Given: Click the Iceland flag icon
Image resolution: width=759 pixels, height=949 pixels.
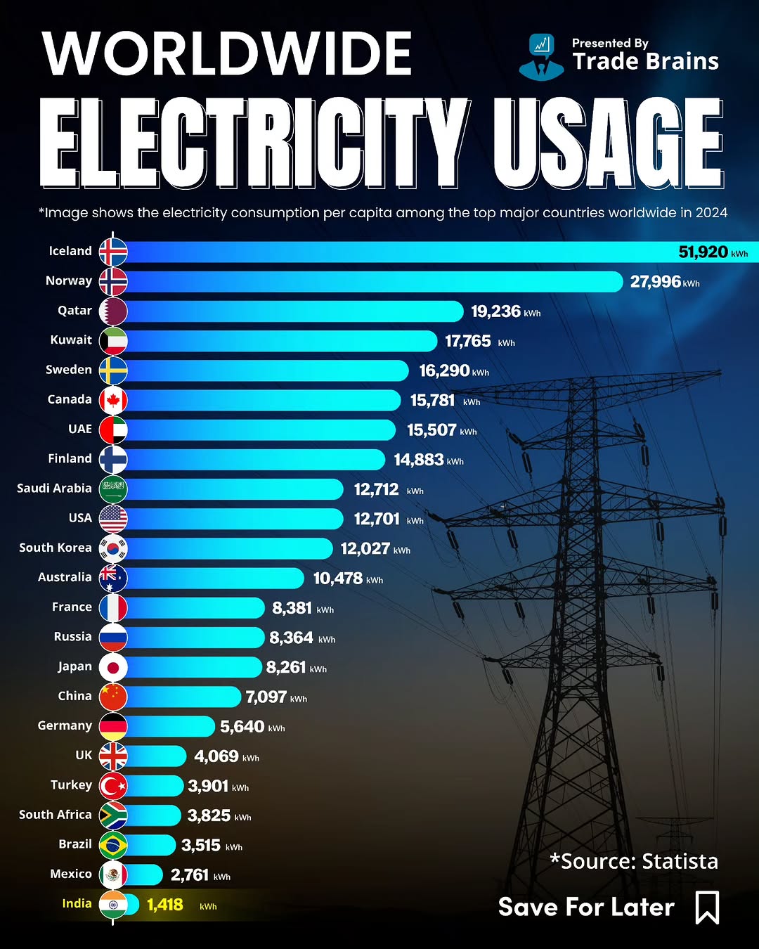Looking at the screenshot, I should (x=113, y=252).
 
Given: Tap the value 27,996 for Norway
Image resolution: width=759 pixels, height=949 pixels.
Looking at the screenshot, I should (x=655, y=282).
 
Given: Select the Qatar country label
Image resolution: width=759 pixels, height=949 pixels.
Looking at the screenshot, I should (x=74, y=311).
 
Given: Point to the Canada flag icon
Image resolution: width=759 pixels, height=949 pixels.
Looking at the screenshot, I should (x=113, y=400).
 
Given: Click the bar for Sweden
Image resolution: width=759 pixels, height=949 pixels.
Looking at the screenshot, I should (x=267, y=370).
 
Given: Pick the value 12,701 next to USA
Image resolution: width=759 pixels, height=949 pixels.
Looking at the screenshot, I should (x=377, y=519).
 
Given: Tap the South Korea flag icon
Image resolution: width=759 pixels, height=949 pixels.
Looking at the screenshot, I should (x=113, y=548).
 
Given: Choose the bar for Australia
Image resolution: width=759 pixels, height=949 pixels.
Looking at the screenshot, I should (x=214, y=578).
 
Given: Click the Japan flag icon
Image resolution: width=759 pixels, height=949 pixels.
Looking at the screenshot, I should (x=113, y=667).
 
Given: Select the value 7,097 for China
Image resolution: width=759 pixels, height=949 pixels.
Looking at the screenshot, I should (x=266, y=697).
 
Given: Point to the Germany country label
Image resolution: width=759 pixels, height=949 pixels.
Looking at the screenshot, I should (x=65, y=725).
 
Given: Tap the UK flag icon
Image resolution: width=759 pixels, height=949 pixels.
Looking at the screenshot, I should (x=113, y=756).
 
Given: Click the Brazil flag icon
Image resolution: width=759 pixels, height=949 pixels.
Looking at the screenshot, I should (x=113, y=845).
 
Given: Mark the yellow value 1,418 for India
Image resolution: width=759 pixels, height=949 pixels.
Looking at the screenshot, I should (x=165, y=905).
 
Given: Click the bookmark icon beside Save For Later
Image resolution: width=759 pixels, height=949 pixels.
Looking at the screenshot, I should (x=707, y=907).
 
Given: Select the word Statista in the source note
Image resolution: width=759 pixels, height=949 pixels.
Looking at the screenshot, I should (x=680, y=861).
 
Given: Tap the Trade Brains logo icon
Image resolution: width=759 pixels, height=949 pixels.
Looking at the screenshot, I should (x=541, y=56).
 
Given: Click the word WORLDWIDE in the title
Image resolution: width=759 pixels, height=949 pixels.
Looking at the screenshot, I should (x=227, y=54).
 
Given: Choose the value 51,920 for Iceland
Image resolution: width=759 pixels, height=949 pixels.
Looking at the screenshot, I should (x=703, y=252).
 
